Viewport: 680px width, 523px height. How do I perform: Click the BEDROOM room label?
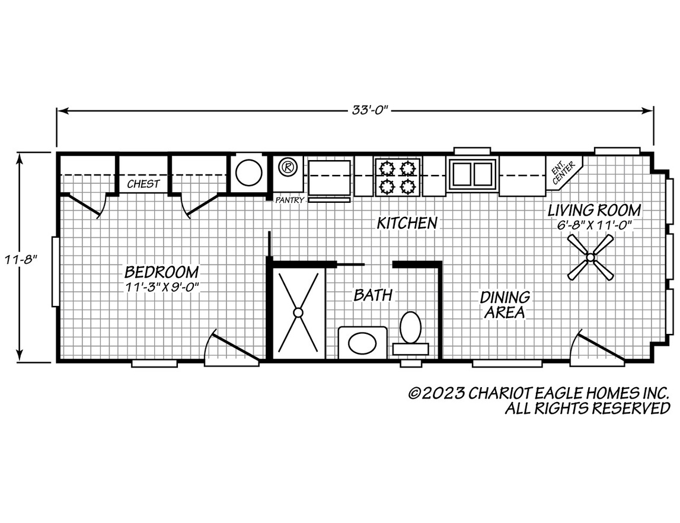point(161,272)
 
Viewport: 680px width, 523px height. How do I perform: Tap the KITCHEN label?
point(407,223)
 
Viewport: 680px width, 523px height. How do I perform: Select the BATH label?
point(373,295)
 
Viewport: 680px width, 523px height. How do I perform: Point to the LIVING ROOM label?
point(593,210)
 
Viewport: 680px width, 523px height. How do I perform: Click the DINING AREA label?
point(505,304)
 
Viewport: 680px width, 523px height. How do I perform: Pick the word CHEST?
point(143,184)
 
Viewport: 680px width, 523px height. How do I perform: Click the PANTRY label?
point(290,200)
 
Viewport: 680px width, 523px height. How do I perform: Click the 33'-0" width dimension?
point(369,110)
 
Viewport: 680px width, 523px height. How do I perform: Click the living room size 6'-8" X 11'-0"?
point(594,225)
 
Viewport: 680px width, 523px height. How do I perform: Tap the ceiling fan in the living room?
point(590,257)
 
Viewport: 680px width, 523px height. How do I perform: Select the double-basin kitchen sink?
point(473,174)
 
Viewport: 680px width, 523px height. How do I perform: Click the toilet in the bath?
point(410,333)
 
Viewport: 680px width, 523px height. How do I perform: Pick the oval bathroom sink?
point(362,343)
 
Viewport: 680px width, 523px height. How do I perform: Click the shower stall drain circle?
point(298,312)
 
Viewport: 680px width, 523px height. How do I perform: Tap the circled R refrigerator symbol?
point(286,166)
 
